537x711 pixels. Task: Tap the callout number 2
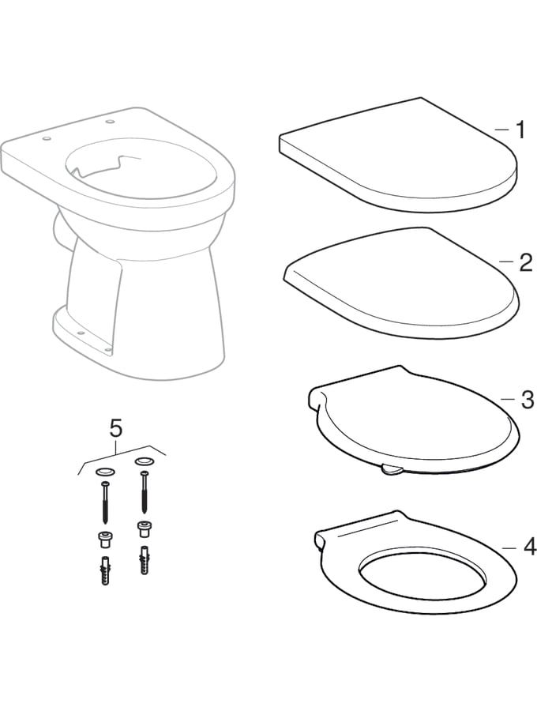pyautogui.click(x=526, y=262)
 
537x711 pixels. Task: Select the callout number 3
pyautogui.click(x=527, y=400)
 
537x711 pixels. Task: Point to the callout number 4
pyautogui.click(x=529, y=547)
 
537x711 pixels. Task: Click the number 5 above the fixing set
pyautogui.click(x=116, y=428)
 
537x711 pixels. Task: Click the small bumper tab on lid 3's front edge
pyautogui.click(x=392, y=468)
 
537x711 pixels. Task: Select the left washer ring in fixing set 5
pyautogui.click(x=105, y=472)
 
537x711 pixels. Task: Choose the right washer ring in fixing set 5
pyautogui.click(x=144, y=462)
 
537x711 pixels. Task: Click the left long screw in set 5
pyautogui.click(x=105, y=504)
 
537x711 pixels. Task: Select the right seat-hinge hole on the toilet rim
pyautogui.click(x=109, y=121)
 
